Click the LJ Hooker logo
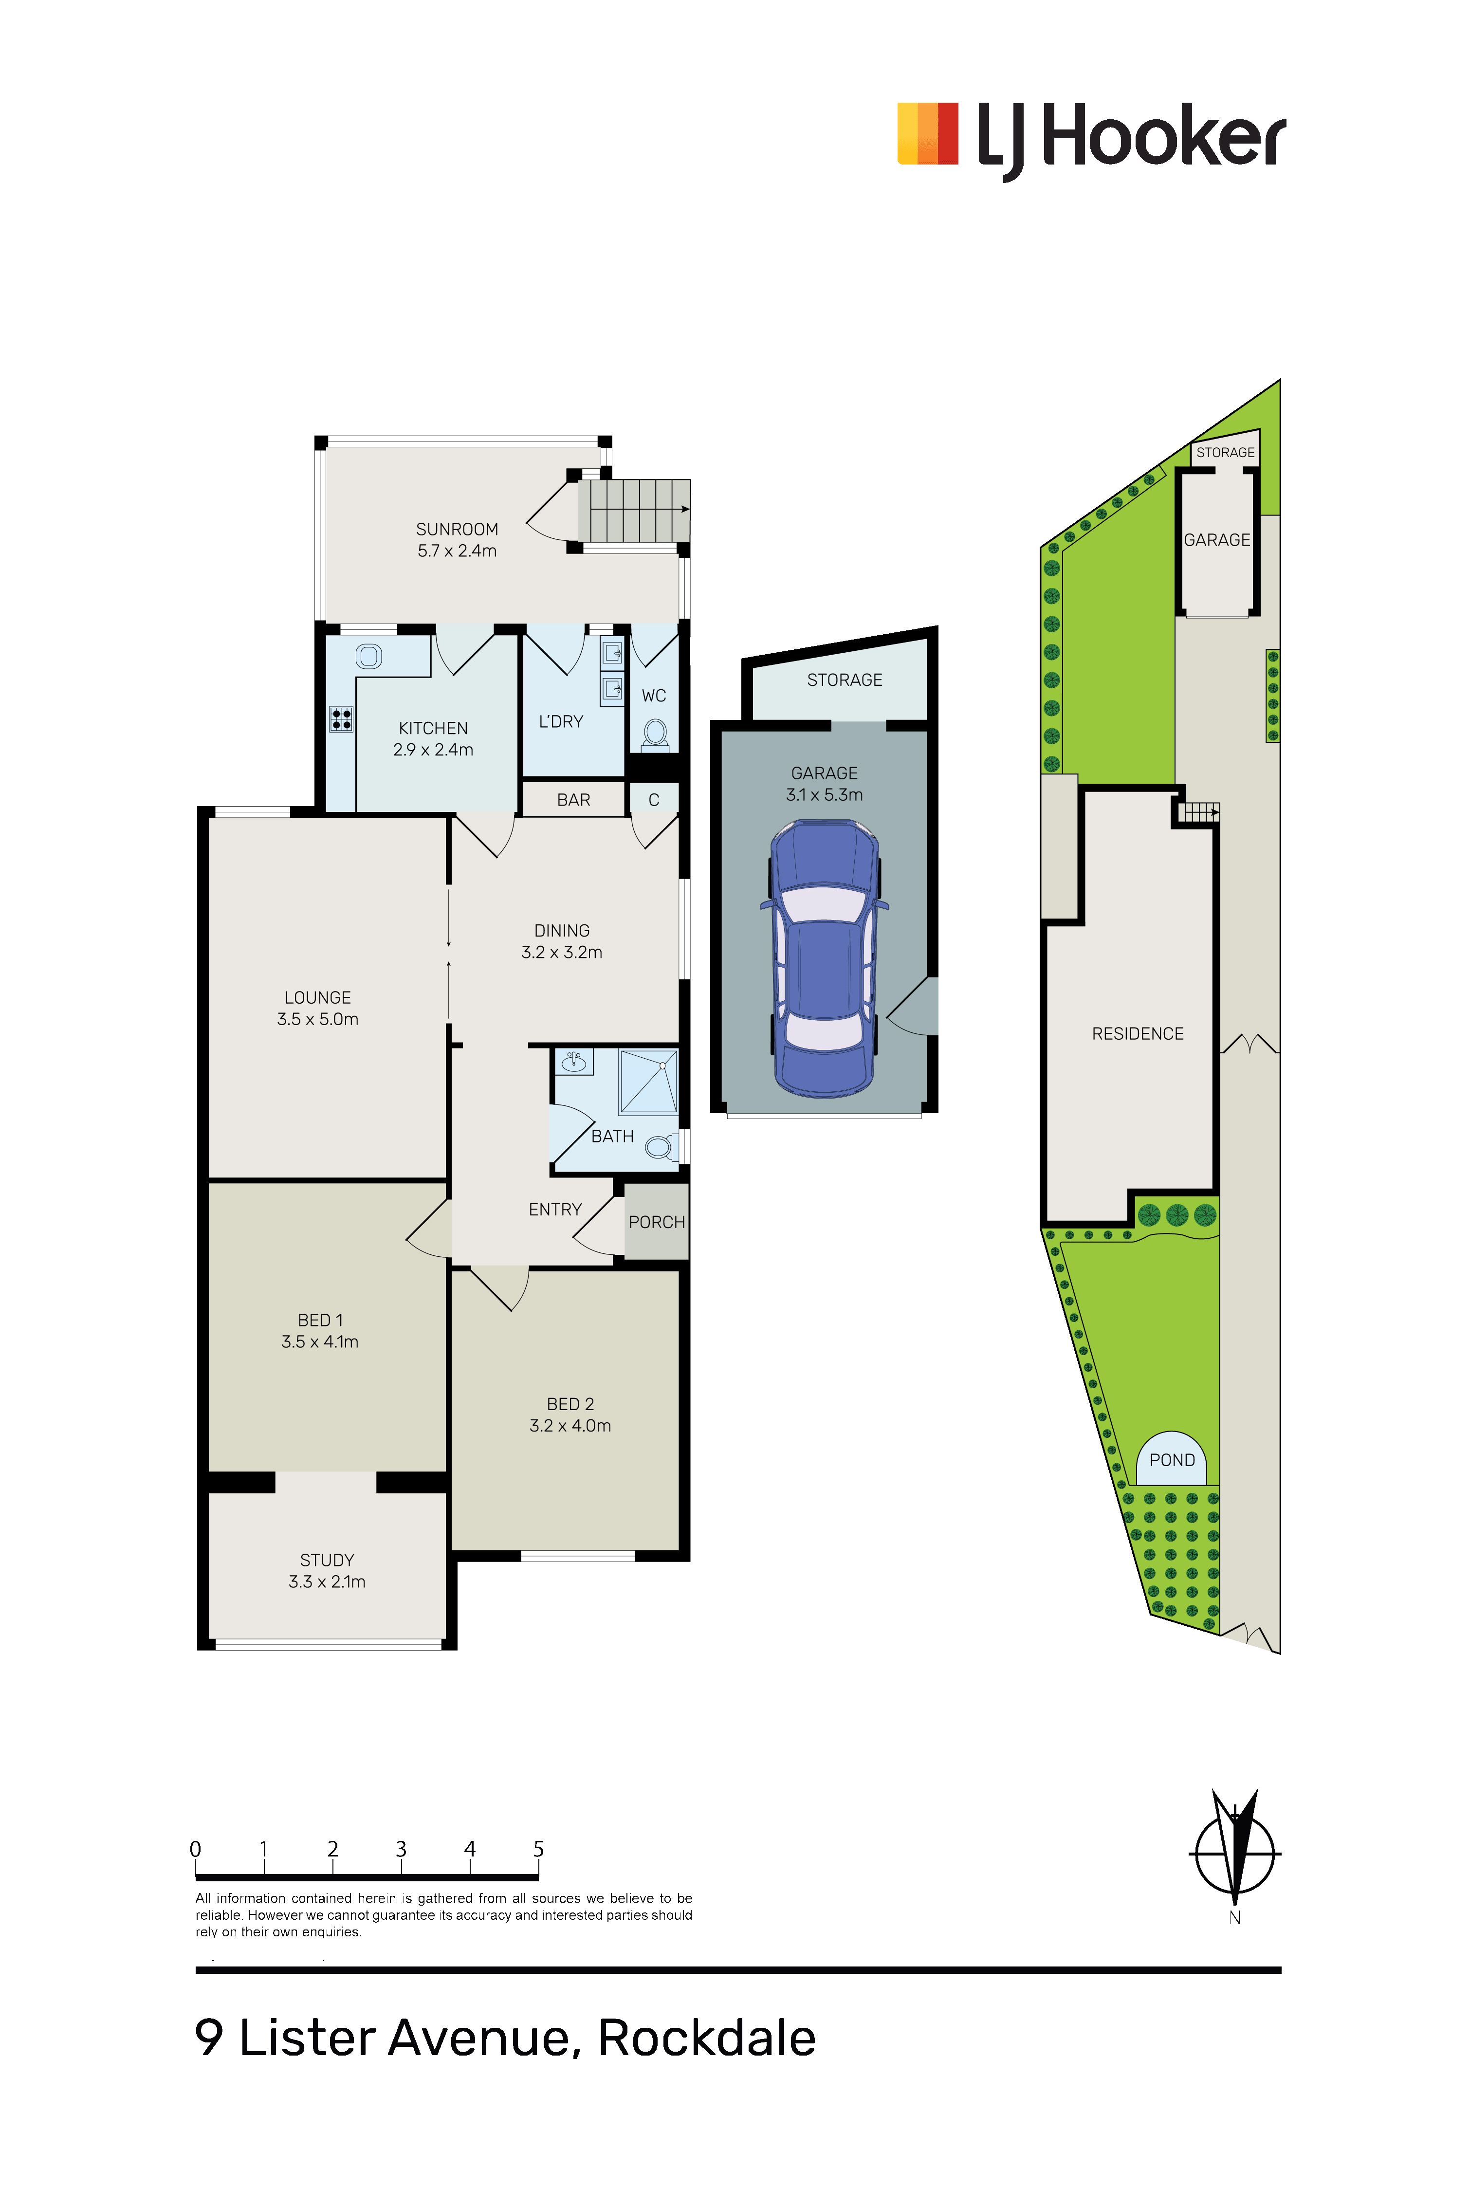[1091, 141]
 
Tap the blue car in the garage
[824, 958]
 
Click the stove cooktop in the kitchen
[341, 719]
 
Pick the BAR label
[574, 800]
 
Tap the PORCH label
[656, 1223]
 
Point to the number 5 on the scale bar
[538, 1849]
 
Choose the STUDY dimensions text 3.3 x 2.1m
[327, 1581]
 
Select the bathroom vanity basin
[574, 1061]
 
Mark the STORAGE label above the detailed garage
[845, 680]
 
